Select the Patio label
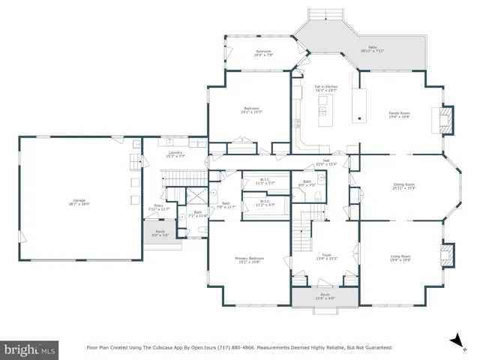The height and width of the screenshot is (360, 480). pyautogui.click(x=373, y=49)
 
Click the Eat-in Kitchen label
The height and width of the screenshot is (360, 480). pyautogui.click(x=326, y=88)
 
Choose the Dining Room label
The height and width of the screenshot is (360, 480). pyautogui.click(x=404, y=186)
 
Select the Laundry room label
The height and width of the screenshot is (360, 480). pyautogui.click(x=175, y=154)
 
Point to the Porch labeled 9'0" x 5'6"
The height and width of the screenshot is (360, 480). pyautogui.click(x=160, y=233)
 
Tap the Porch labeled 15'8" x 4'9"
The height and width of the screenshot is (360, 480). pyautogui.click(x=325, y=296)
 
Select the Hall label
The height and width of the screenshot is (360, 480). pyautogui.click(x=327, y=162)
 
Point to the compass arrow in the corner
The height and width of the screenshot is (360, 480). pyautogui.click(x=454, y=341)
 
